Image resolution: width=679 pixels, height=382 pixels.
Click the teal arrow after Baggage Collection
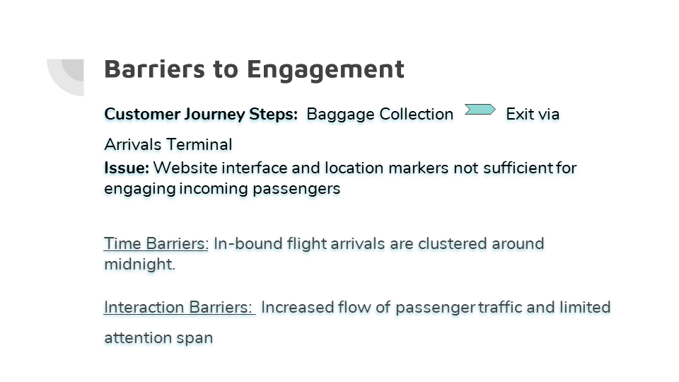click(x=480, y=110)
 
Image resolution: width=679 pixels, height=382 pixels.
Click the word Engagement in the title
click(x=325, y=70)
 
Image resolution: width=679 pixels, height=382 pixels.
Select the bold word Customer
click(x=142, y=114)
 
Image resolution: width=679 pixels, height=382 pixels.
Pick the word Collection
click(x=416, y=114)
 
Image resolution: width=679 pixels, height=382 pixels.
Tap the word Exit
click(x=519, y=114)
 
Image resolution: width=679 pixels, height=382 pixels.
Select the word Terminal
click(x=199, y=144)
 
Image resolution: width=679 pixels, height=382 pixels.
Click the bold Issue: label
click(x=127, y=168)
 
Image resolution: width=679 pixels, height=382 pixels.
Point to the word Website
click(x=185, y=168)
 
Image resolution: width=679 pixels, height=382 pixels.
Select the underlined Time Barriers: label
click(x=156, y=243)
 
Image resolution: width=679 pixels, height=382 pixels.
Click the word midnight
click(x=139, y=264)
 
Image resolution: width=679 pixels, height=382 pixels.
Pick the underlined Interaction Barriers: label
click(x=178, y=307)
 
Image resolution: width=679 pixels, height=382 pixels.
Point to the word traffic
click(x=500, y=307)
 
